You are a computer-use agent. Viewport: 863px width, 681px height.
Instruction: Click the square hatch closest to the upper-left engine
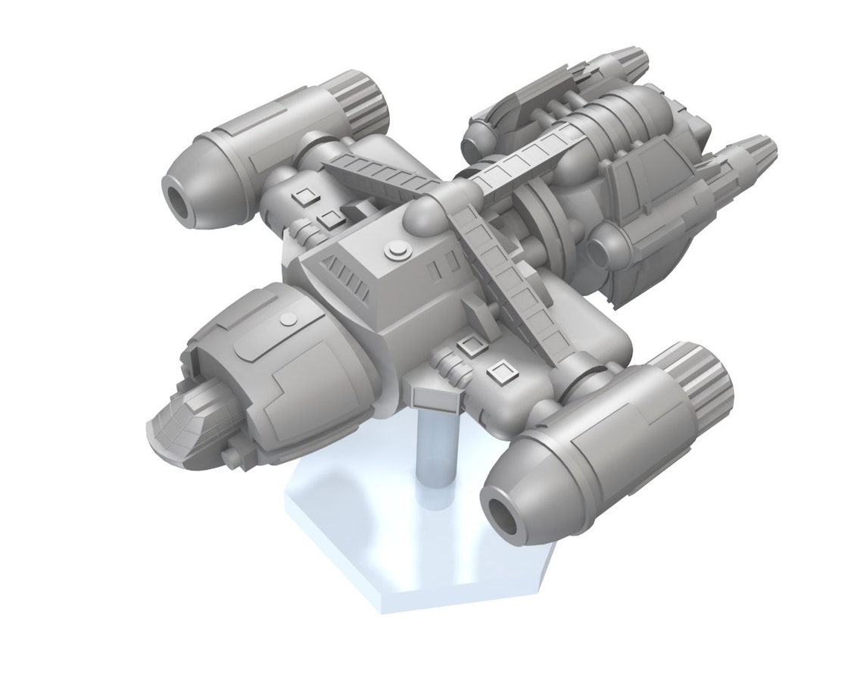click(304, 198)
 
